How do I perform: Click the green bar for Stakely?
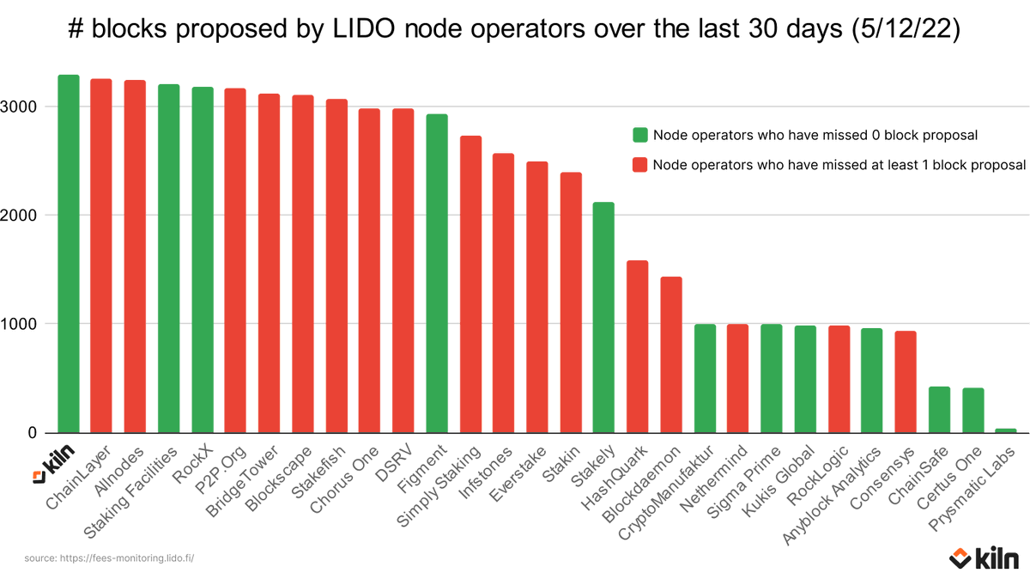pyautogui.click(x=604, y=318)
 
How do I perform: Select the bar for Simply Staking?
pyautogui.click(x=470, y=284)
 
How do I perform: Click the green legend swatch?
pyautogui.click(x=639, y=135)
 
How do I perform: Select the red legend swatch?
pyautogui.click(x=639, y=165)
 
